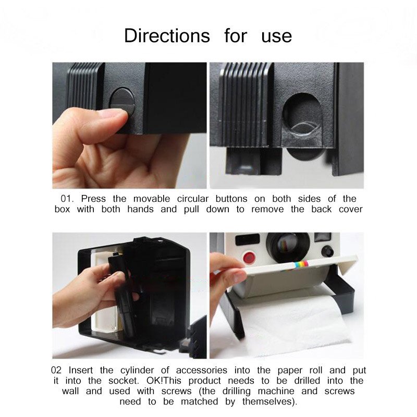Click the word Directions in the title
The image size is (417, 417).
pos(167,35)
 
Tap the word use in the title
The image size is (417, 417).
pos(277,36)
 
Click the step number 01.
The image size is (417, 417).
pos(67,199)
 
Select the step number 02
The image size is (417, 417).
pos(56,370)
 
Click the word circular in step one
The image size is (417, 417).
pos(193,199)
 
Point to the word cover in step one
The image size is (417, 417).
pos(350,210)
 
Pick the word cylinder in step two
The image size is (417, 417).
pos(137,371)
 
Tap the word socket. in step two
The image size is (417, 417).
pos(124,381)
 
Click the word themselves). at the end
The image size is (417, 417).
pos(269,401)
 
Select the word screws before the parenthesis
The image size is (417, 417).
pos(176,391)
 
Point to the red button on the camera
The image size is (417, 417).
pos(249,257)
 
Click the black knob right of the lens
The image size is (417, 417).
pos(327,251)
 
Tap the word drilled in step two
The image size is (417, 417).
pos(307,381)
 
